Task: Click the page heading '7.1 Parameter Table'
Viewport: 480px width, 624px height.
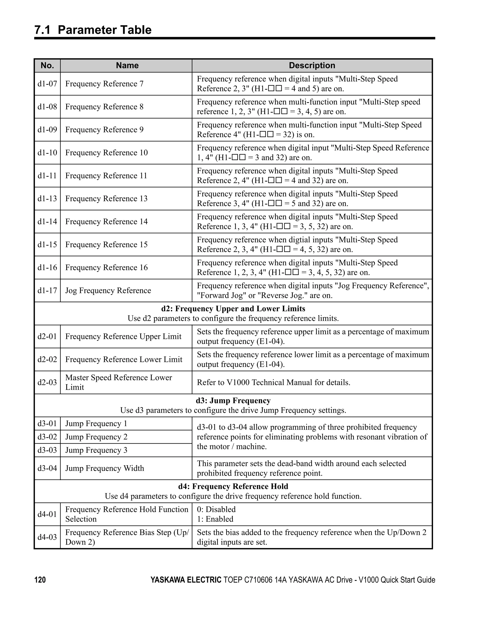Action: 93,30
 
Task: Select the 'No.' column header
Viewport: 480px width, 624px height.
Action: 47,65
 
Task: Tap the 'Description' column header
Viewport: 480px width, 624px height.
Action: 312,65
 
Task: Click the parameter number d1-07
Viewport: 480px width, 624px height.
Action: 47,84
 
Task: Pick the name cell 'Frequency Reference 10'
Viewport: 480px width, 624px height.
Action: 106,153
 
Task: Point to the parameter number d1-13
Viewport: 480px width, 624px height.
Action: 47,199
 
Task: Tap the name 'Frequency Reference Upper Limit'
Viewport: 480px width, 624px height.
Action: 123,336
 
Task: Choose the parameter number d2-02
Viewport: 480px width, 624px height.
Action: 47,359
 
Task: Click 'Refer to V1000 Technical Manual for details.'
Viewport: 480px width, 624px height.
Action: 274,382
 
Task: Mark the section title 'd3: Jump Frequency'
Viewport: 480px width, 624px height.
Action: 233,401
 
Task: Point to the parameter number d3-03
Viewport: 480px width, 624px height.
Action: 47,450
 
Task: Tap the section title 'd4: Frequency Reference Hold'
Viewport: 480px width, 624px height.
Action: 233,486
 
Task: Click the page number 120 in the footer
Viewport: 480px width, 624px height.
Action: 40,580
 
